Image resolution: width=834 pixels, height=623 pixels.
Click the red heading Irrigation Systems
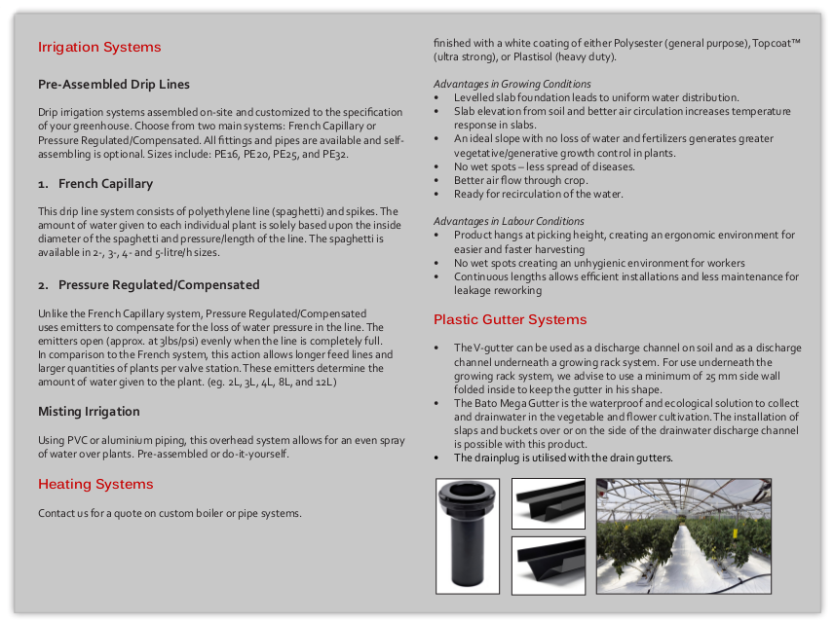(99, 47)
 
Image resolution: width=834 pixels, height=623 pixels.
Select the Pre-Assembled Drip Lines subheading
(114, 85)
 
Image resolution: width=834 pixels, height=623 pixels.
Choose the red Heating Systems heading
(95, 484)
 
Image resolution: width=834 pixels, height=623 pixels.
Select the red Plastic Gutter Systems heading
(510, 319)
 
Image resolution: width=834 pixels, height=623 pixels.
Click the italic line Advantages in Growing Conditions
(512, 84)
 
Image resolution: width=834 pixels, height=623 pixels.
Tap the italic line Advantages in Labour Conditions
(509, 221)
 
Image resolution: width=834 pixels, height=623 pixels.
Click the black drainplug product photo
(468, 535)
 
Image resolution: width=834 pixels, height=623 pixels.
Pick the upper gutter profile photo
(548, 503)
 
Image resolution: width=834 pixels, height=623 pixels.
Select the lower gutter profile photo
(548, 565)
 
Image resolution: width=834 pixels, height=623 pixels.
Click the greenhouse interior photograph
(683, 535)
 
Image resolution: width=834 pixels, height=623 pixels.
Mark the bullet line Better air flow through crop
(520, 180)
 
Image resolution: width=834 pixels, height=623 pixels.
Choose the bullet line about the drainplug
(563, 458)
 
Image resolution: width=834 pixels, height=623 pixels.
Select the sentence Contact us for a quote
(170, 513)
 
